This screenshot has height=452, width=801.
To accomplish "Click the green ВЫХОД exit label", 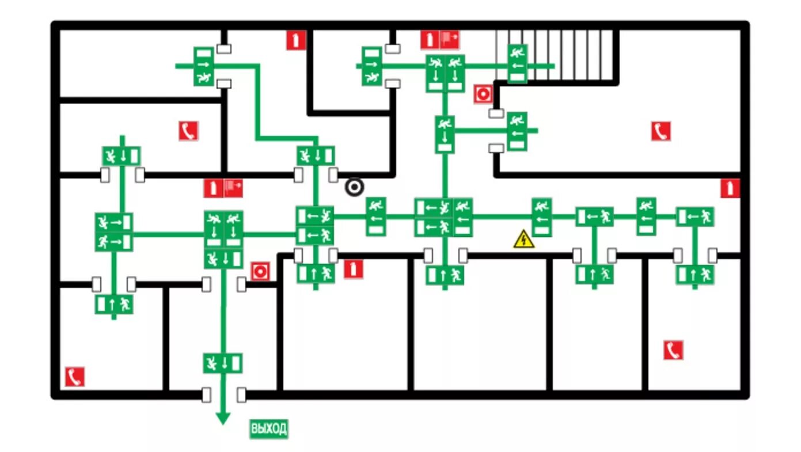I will tap(268, 429).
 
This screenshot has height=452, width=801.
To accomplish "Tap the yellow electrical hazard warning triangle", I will tap(523, 240).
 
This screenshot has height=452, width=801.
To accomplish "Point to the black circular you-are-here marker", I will tap(355, 187).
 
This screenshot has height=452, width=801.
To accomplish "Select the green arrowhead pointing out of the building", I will tap(223, 419).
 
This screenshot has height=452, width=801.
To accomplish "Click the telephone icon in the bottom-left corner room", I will tap(74, 377).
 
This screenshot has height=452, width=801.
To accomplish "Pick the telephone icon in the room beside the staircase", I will tap(661, 131).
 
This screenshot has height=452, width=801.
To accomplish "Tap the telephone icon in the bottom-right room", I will tap(673, 350).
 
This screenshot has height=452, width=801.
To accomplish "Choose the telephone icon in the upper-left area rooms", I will tap(188, 131).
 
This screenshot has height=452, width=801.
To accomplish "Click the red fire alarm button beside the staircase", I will tap(483, 94).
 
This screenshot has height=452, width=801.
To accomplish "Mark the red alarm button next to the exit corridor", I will tap(260, 271).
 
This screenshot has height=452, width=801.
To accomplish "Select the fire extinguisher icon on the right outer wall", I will tap(730, 188).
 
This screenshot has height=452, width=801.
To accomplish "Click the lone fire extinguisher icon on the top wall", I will tap(295, 40).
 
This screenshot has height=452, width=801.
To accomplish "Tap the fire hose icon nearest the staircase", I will tap(450, 39).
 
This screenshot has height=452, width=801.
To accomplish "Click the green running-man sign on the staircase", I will tap(517, 63).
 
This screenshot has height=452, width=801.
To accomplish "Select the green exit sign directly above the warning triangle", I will tap(541, 216).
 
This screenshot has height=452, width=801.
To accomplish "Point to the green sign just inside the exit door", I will tap(223, 363).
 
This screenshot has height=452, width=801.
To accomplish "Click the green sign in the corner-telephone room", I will tap(114, 303).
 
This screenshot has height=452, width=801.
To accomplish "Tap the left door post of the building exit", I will tap(206, 395).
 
